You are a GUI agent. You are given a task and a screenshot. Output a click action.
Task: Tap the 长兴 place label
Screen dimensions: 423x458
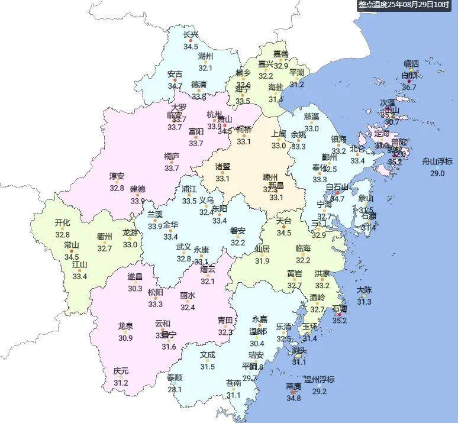(x=191, y=34)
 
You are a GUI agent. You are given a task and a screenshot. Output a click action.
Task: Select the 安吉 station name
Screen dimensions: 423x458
(x=175, y=75)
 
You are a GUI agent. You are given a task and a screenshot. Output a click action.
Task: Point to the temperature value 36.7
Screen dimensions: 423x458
(x=409, y=87)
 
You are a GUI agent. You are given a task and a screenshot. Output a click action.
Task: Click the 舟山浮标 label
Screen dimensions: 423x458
(x=437, y=162)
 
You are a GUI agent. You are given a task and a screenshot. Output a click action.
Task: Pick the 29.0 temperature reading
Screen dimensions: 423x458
(x=437, y=173)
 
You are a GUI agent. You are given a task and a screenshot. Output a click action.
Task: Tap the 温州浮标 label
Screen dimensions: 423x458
(x=319, y=379)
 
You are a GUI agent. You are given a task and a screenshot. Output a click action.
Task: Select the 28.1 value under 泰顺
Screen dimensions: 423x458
(x=175, y=389)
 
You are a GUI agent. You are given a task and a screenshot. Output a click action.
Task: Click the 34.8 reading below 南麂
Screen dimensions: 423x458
(x=293, y=398)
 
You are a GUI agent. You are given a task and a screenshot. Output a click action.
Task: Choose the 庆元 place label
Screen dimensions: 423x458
(x=121, y=372)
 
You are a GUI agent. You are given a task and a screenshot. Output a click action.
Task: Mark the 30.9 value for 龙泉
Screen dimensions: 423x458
(x=125, y=338)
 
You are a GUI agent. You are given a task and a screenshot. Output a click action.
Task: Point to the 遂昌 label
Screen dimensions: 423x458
(x=135, y=277)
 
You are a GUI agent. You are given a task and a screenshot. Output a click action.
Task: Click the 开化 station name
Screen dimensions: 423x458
(x=62, y=223)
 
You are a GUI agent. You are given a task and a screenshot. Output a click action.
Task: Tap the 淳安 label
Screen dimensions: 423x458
(x=117, y=176)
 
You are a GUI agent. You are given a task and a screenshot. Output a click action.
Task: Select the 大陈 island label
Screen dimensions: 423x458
(x=364, y=290)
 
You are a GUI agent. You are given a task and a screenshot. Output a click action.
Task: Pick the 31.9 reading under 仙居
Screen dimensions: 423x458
(x=262, y=261)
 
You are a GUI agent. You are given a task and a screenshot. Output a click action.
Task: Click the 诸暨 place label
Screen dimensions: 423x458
(x=222, y=166)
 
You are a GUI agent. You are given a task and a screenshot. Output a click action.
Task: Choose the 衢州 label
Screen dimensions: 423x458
(x=105, y=236)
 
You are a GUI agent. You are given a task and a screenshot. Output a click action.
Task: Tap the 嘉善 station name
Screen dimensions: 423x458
(x=280, y=54)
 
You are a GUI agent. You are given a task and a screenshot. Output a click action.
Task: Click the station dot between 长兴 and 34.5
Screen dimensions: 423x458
(x=191, y=41)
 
